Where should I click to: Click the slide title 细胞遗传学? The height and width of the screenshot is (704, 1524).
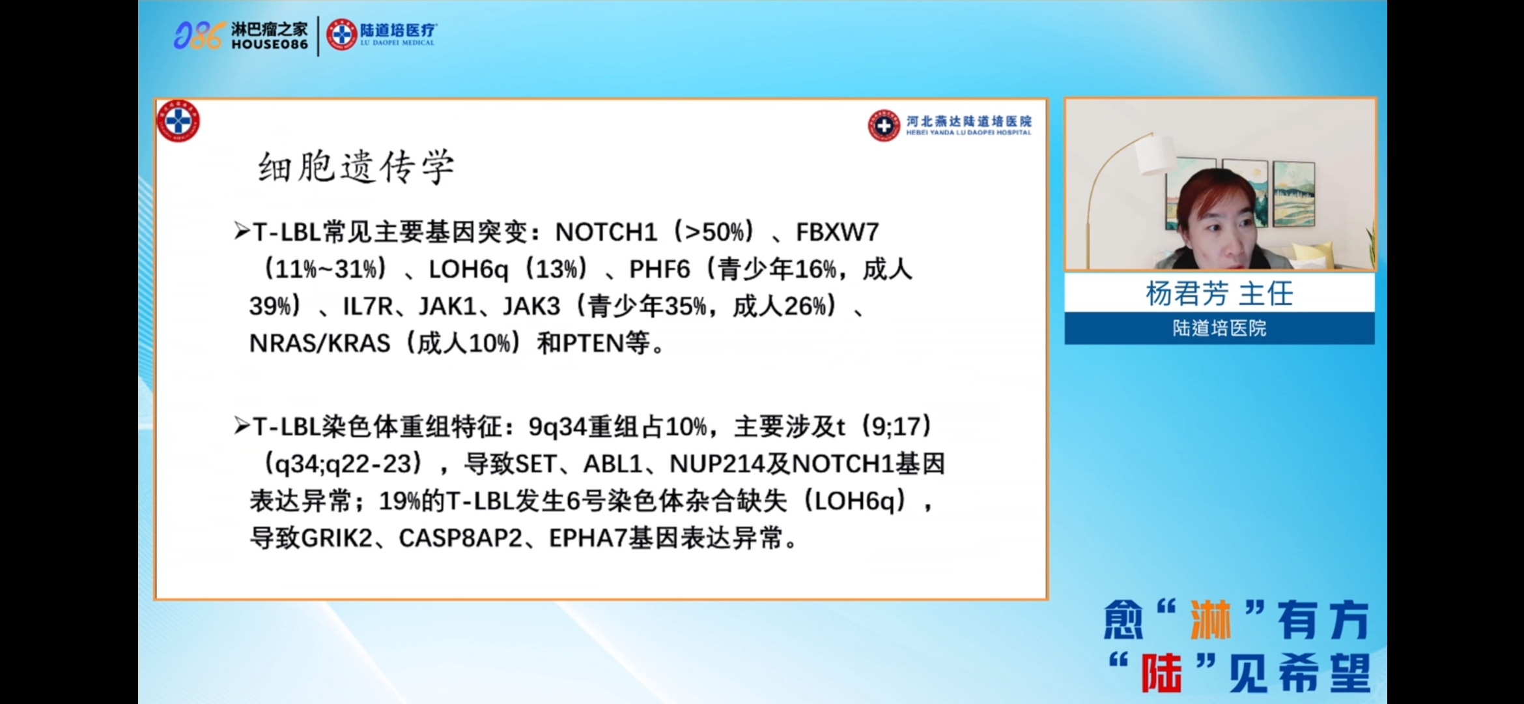[x=356, y=167]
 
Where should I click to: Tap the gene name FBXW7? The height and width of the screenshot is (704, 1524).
[x=838, y=232]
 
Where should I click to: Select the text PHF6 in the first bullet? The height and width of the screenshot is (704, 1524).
[x=659, y=269]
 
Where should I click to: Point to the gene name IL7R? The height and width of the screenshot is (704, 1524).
[x=368, y=306]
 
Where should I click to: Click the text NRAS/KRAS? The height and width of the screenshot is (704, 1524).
[x=320, y=343]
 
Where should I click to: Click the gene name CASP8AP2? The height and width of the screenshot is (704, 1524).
[x=460, y=538]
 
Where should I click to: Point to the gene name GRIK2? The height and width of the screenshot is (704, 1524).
[x=337, y=538]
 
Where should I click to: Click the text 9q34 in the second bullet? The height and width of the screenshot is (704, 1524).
[x=557, y=427]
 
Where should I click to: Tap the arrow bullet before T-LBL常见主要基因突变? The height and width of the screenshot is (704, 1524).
[x=242, y=231]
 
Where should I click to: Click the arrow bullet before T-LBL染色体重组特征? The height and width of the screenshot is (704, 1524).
[x=242, y=426]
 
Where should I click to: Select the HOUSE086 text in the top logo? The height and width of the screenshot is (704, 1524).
[x=270, y=44]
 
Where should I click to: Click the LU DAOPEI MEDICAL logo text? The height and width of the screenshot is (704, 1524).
[x=397, y=43]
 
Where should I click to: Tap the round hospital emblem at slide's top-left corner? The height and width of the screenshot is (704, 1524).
[x=178, y=121]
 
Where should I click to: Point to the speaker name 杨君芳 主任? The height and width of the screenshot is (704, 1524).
[x=1219, y=293]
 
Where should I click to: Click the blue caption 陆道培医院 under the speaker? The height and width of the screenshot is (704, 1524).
[x=1219, y=328]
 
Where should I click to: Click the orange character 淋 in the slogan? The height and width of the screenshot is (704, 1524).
[x=1210, y=620]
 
